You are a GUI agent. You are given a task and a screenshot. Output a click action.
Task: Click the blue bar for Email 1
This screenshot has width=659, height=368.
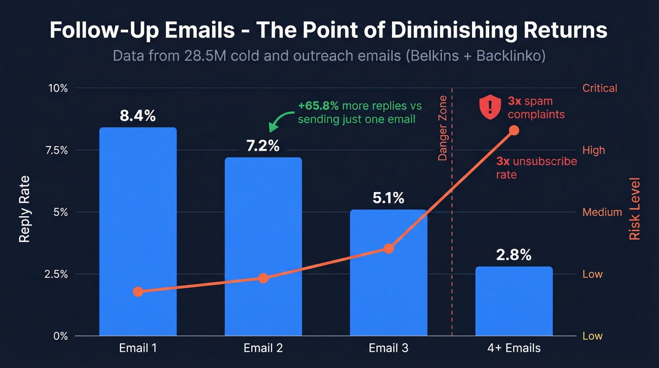138,231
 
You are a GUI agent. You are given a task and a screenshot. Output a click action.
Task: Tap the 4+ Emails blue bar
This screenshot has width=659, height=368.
514,302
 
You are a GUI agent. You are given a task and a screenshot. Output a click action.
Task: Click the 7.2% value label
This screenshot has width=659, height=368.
263,146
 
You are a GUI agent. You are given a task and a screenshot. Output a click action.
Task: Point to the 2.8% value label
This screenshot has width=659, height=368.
514,255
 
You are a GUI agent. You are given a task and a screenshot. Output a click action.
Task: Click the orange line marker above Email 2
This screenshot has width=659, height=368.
263,278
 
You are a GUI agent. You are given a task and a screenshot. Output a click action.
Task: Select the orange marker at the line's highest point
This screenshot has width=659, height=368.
514,130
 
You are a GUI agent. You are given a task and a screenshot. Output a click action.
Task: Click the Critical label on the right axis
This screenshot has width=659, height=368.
599,88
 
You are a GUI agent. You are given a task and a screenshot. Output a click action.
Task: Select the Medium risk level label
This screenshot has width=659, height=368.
602,212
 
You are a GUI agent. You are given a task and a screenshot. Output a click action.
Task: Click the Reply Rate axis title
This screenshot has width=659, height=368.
24,209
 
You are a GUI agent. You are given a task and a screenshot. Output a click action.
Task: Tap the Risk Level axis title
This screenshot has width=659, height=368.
635,209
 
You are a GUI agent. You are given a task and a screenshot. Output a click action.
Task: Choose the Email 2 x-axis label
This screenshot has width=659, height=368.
263,348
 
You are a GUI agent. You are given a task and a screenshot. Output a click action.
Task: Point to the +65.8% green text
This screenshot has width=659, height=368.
318,105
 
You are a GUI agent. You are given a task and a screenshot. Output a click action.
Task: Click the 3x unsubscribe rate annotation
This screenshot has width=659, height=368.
536,168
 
